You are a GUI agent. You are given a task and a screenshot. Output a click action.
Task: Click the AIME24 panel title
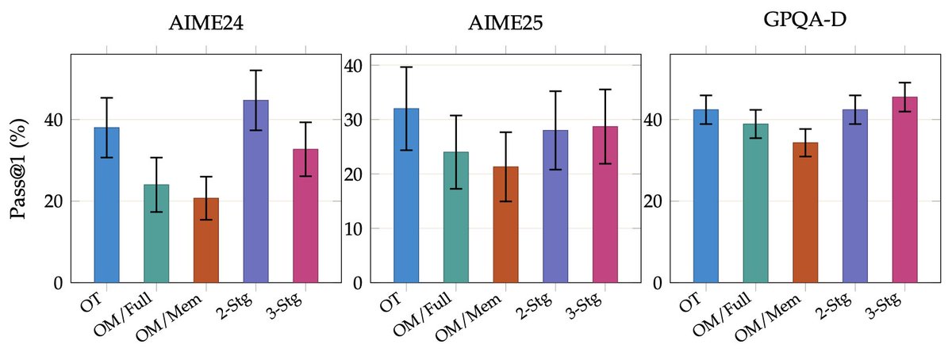(205, 23)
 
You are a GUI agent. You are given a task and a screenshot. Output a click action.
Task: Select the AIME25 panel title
(505, 23)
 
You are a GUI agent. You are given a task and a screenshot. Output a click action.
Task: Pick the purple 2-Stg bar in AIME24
(255, 191)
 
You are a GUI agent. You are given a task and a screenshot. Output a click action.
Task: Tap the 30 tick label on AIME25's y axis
(353, 120)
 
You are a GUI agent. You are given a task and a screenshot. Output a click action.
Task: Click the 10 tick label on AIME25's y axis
(353, 228)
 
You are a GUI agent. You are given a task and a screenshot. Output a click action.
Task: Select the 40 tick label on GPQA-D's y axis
(653, 120)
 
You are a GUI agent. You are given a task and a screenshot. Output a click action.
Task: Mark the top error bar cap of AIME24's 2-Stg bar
(255, 71)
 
